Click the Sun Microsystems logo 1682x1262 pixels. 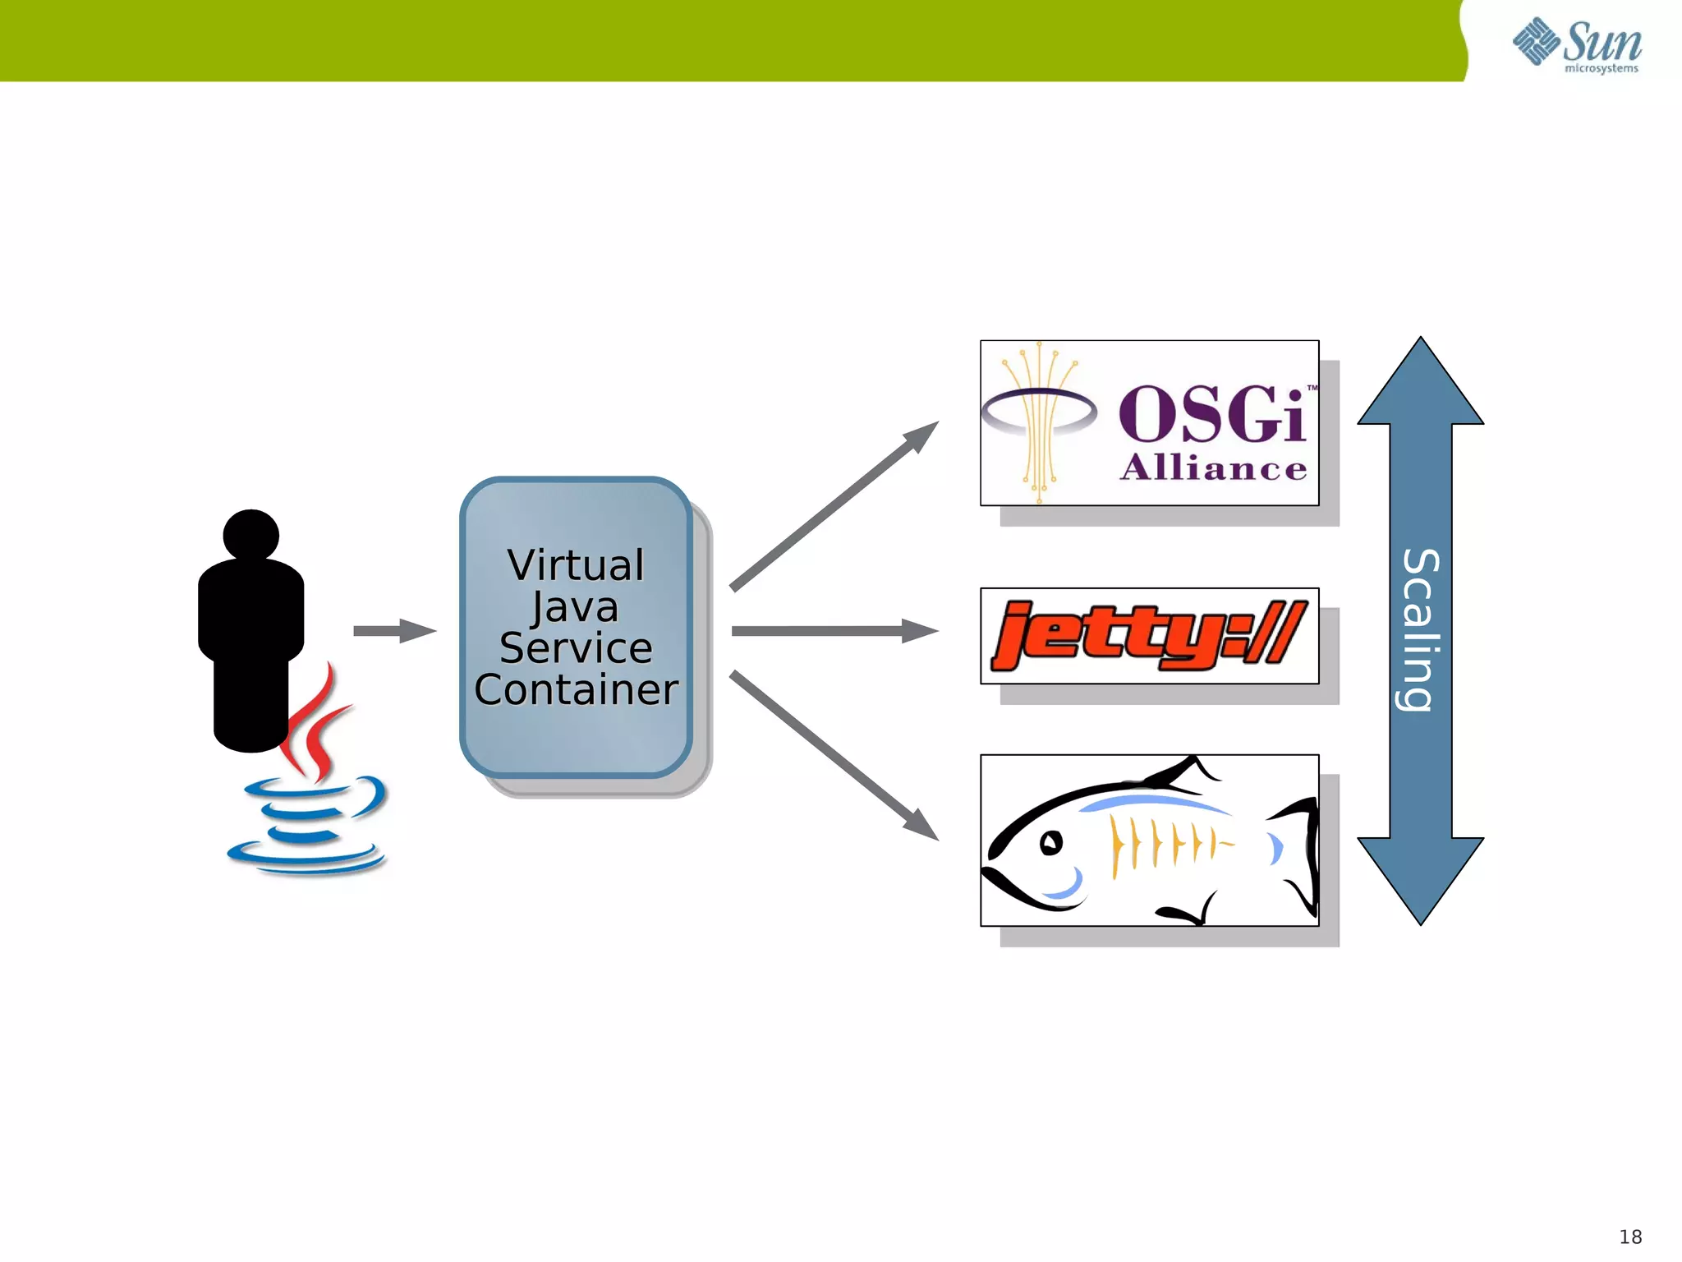pos(1577,45)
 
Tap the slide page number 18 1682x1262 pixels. pos(1630,1237)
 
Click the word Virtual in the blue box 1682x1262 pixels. pos(576,565)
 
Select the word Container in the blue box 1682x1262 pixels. pos(576,689)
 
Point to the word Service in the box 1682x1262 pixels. pos(576,647)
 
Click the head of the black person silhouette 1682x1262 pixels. pos(250,535)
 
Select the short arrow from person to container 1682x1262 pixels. pos(394,631)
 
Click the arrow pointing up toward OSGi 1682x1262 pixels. pos(834,506)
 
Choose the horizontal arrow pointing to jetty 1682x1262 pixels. pos(834,631)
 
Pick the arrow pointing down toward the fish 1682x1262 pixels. pos(834,756)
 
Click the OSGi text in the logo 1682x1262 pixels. pos(1211,415)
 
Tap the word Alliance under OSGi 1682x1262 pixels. pos(1213,468)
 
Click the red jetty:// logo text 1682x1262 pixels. pos(1147,635)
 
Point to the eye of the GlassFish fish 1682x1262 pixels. pos(1051,843)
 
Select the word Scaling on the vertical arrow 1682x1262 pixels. pos(1421,629)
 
